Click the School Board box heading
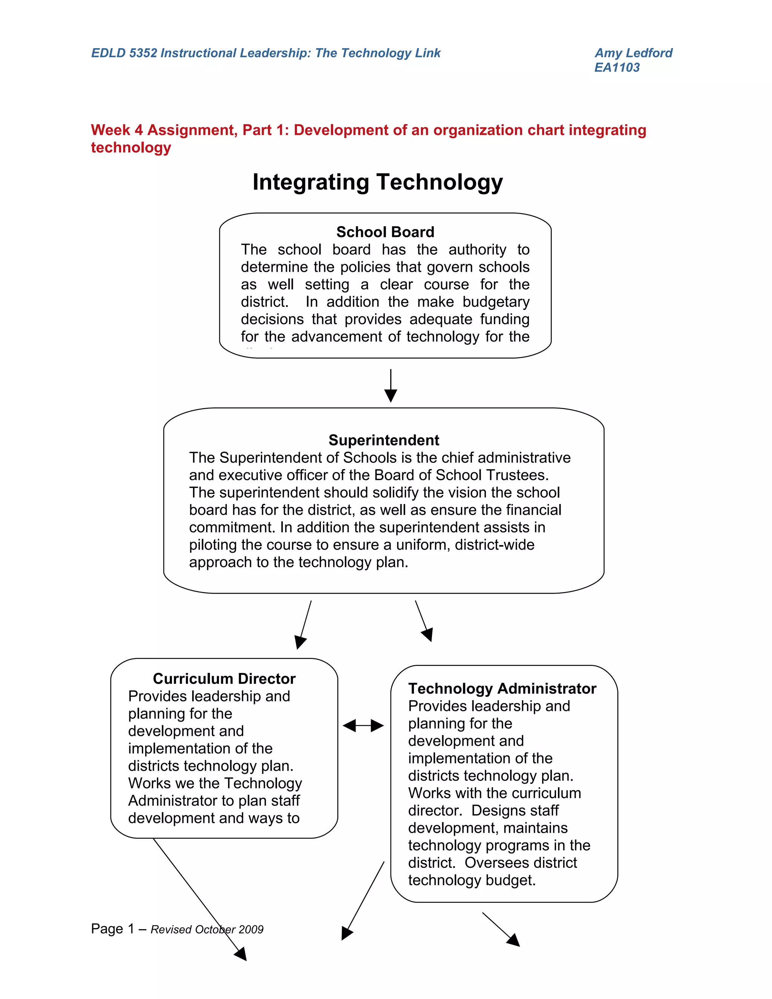(385, 232)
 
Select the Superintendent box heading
(384, 440)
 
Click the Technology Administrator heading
(502, 688)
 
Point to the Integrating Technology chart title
(377, 182)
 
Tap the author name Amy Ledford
(633, 53)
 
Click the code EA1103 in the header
(617, 68)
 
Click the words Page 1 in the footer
(112, 929)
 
